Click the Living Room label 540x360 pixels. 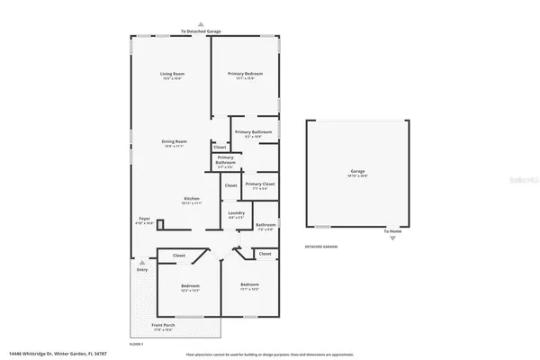coord(173,75)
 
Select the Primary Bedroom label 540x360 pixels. coord(246,75)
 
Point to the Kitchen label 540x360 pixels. coord(191,199)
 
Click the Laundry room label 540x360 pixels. coord(236,214)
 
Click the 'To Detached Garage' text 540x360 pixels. coord(201,31)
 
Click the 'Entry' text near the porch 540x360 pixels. coord(141,269)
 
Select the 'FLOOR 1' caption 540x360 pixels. coord(137,343)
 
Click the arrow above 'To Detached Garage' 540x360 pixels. coord(201,24)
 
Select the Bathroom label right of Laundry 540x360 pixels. coord(265,226)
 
